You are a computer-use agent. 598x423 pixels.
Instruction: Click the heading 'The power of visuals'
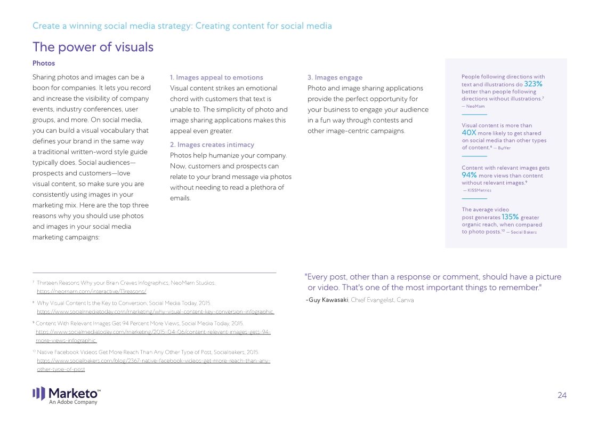click(93, 47)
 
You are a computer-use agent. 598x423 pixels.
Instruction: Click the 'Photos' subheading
click(44, 63)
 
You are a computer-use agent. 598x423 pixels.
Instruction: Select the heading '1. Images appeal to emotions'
click(216, 77)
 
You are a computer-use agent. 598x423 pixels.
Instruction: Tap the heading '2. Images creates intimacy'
click(212, 145)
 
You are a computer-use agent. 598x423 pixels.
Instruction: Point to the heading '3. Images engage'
click(335, 77)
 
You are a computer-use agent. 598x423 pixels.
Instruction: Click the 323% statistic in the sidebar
click(533, 84)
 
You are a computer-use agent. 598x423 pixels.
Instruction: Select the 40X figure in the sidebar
click(469, 133)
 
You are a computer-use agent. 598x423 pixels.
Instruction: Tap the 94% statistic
click(469, 175)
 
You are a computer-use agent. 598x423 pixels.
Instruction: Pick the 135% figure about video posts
click(510, 217)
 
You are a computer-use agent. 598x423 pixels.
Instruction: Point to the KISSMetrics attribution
click(478, 190)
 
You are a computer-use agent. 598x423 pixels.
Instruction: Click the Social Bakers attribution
click(523, 232)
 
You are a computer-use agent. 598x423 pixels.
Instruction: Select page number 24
click(562, 395)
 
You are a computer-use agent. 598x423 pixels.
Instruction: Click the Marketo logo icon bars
click(39, 394)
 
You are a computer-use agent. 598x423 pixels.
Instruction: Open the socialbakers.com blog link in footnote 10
click(153, 361)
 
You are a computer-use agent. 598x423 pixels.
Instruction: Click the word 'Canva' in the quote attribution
click(406, 300)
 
